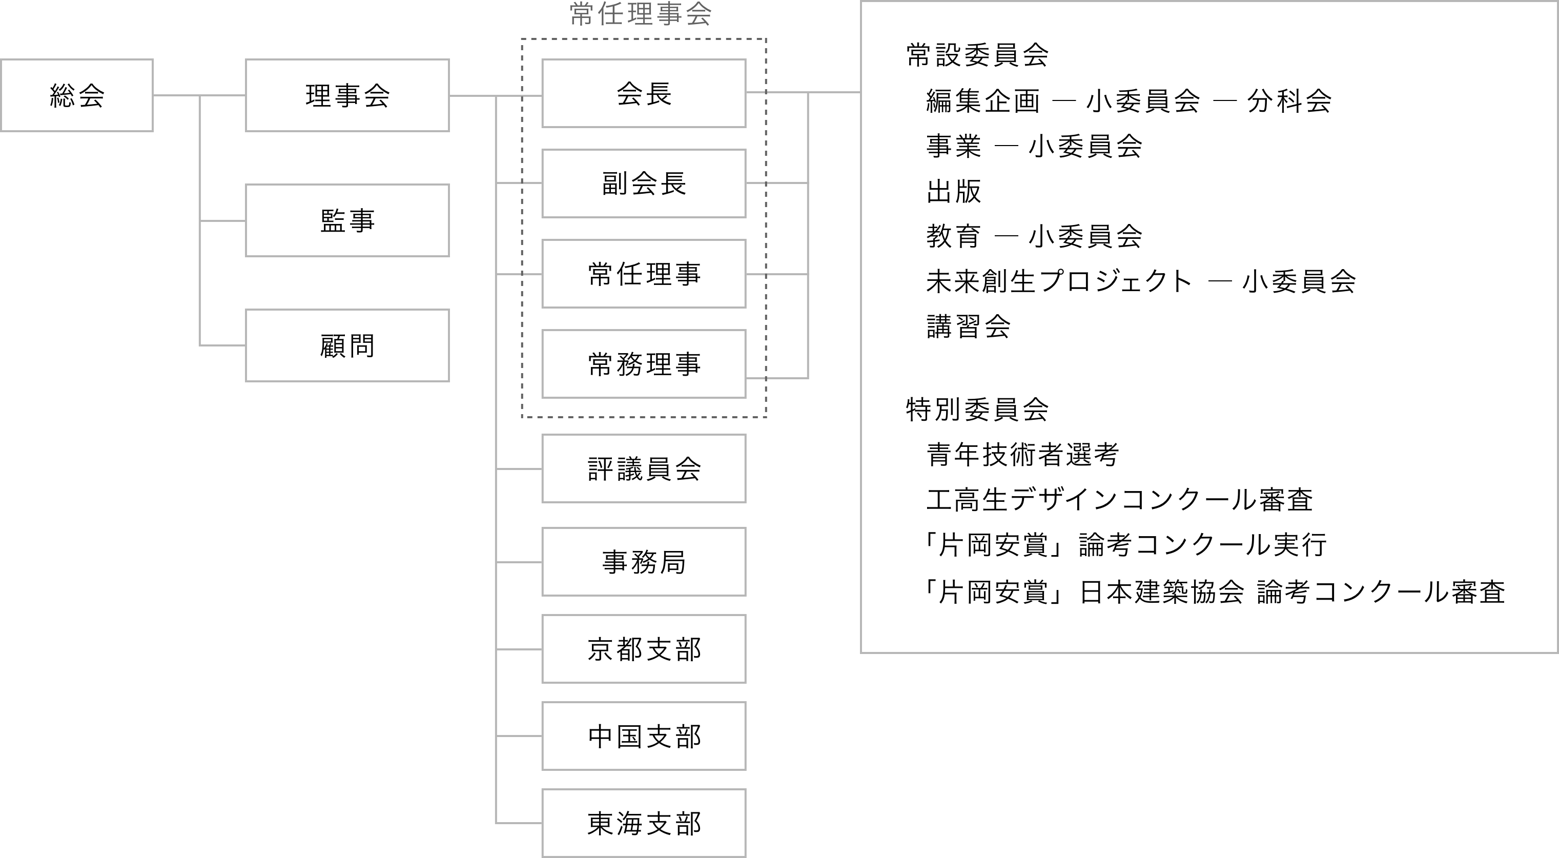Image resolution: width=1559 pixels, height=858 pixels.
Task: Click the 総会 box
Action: [x=77, y=95]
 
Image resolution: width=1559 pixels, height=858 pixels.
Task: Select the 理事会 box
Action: [x=347, y=95]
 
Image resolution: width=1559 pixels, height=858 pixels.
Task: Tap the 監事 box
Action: [x=347, y=220]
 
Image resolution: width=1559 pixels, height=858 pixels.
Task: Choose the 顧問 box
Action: [x=347, y=345]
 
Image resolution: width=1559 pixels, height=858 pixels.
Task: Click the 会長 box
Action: [x=644, y=93]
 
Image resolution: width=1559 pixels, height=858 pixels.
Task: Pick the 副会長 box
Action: [x=644, y=183]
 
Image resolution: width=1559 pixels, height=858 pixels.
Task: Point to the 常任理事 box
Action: [x=644, y=274]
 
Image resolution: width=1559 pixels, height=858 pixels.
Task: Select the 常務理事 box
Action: [x=644, y=364]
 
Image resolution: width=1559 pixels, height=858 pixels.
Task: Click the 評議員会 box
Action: [x=644, y=468]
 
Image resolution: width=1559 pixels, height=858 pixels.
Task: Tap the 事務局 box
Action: [x=644, y=562]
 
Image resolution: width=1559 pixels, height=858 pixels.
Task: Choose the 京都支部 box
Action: [x=644, y=649]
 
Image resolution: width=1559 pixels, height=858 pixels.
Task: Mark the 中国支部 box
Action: [x=644, y=736]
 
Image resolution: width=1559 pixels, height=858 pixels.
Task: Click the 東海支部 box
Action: [x=644, y=823]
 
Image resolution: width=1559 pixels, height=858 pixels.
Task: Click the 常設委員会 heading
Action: [x=977, y=55]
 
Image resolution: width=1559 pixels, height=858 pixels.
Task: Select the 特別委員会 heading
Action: [x=977, y=410]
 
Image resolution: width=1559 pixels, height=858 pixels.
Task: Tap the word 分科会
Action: [x=1289, y=100]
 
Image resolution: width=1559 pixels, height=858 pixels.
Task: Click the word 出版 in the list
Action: [x=954, y=191]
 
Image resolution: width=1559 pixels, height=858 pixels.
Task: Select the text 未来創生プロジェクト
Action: [x=1059, y=281]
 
